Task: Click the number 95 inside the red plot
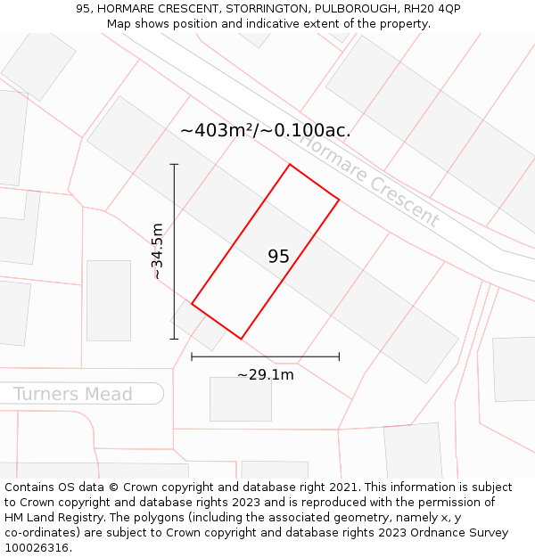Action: pos(278,257)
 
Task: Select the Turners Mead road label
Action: pos(73,394)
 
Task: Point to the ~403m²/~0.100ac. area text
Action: pos(265,130)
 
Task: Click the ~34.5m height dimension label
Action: pos(158,251)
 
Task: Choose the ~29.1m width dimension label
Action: pos(265,374)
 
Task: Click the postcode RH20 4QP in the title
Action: pos(432,8)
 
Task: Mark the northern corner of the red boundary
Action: pos(290,164)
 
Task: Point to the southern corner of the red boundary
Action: pos(241,339)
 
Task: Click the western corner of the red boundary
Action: pos(192,304)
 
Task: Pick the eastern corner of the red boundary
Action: pos(339,199)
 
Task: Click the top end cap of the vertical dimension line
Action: pos(174,164)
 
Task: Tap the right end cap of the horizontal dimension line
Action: pos(339,356)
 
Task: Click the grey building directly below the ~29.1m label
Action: pos(241,398)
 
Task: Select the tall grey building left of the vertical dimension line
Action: pos(109,299)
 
